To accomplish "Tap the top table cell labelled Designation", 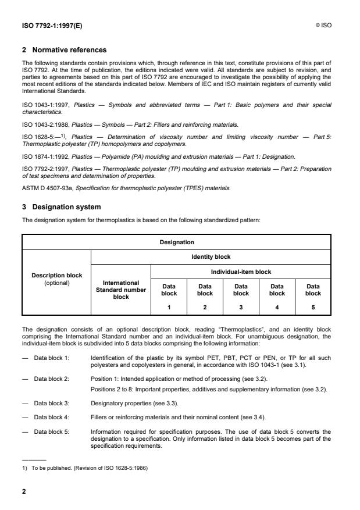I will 176,242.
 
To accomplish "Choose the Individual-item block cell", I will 241,271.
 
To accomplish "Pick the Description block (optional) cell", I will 56,279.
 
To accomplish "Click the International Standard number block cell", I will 121,290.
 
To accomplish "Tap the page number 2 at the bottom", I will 24,491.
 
